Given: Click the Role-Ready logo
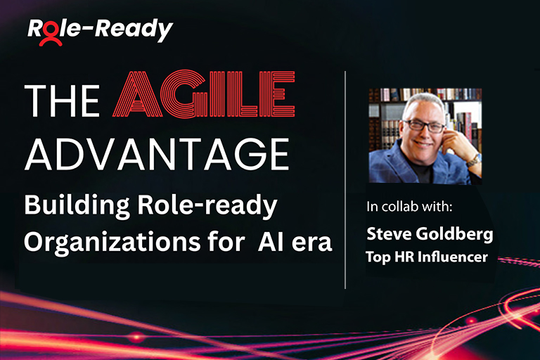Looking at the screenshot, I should point(99,30).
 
